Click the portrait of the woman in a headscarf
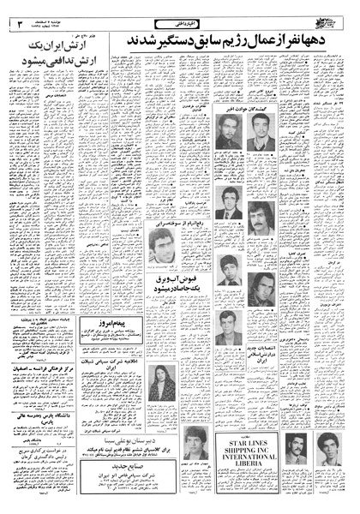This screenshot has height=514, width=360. click(162, 385)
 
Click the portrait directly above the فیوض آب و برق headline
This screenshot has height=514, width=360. click(162, 247)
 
